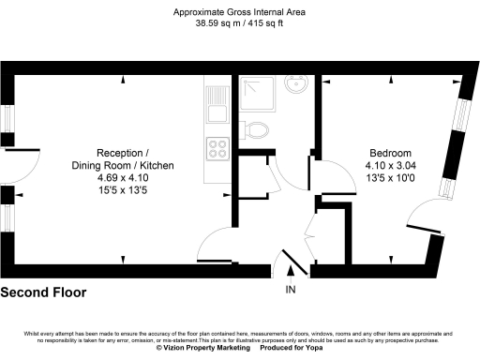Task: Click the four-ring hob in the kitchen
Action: coord(217,147)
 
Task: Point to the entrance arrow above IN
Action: coord(291,273)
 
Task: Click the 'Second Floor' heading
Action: coord(43,292)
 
